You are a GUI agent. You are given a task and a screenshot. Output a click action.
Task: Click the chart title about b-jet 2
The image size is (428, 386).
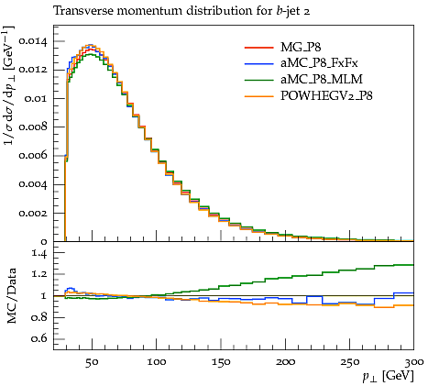pyautogui.click(x=181, y=11)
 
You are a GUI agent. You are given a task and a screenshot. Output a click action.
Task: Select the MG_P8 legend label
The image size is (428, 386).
pyautogui.click(x=301, y=48)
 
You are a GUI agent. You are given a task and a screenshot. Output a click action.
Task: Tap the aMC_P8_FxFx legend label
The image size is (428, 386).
pyautogui.click(x=319, y=63)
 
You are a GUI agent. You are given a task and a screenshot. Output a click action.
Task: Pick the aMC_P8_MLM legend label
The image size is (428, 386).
pyautogui.click(x=322, y=80)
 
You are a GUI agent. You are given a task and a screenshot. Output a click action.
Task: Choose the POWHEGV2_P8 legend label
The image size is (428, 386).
pyautogui.click(x=326, y=96)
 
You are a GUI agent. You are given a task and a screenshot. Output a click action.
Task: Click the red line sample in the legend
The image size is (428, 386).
pyautogui.click(x=258, y=48)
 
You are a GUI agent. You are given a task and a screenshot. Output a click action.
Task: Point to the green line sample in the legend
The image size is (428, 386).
pyautogui.click(x=258, y=80)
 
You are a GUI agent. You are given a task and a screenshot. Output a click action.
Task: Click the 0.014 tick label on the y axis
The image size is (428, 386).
pyautogui.click(x=33, y=41)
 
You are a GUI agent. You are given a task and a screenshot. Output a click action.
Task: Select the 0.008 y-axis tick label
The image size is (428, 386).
pyautogui.click(x=33, y=127)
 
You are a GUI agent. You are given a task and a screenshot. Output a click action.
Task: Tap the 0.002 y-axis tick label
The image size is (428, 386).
pyautogui.click(x=33, y=213)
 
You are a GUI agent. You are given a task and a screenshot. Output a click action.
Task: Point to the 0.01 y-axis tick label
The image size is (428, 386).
pyautogui.click(x=37, y=98)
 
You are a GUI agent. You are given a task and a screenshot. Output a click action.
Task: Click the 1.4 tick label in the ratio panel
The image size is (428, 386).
pyautogui.click(x=39, y=253)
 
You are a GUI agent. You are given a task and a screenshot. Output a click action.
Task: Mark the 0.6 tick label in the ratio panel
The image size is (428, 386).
pyautogui.click(x=39, y=338)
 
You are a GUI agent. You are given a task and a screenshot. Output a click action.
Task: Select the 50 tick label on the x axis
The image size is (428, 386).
pyautogui.click(x=92, y=362)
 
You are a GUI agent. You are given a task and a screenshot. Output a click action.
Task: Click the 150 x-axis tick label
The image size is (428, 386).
pyautogui.click(x=221, y=362)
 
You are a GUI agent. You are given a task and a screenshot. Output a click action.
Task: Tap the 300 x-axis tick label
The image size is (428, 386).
pyautogui.click(x=414, y=362)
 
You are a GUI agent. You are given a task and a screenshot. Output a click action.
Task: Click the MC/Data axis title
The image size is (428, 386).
pyautogui.click(x=11, y=296)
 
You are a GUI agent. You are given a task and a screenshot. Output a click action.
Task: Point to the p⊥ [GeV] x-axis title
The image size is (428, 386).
pyautogui.click(x=388, y=376)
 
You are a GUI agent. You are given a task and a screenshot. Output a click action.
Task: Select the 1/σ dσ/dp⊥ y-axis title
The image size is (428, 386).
pyautogui.click(x=9, y=86)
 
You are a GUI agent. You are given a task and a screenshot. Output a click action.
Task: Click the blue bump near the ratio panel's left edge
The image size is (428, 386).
pyautogui.click(x=71, y=288)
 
